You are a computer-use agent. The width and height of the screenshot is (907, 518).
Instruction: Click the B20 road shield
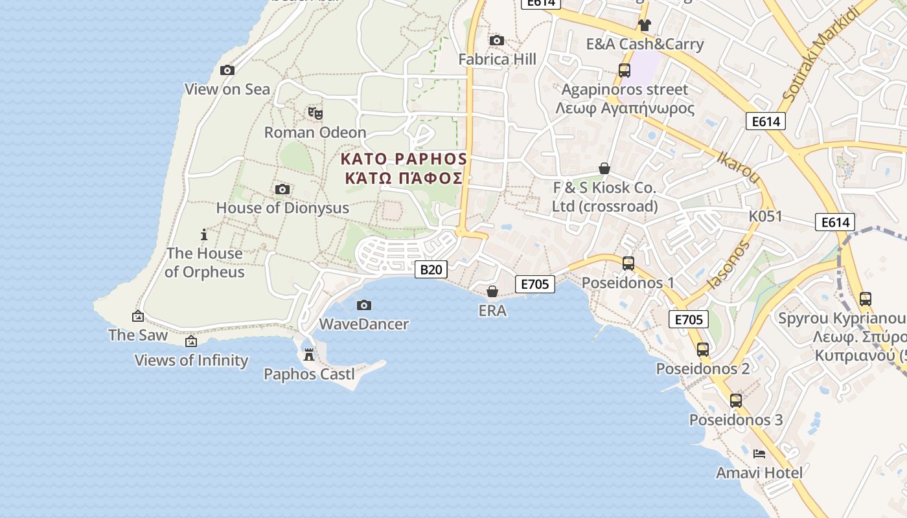(x=430, y=269)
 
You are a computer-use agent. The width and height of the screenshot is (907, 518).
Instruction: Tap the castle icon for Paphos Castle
(x=309, y=355)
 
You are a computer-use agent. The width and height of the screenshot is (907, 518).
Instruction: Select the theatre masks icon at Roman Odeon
(x=316, y=113)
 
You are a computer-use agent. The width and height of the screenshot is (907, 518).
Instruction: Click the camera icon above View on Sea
(x=227, y=70)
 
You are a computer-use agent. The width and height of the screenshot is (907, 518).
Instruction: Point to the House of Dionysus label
(x=282, y=208)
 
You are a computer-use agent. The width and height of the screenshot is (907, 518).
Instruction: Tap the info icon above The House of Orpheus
(x=204, y=234)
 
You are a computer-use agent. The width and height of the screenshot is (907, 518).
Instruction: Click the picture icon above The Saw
(x=138, y=316)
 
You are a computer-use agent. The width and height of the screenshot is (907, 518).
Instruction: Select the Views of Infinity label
(x=191, y=360)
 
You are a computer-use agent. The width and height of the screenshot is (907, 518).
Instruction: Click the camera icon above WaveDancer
(x=364, y=305)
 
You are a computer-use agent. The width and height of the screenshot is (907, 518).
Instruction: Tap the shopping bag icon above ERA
(x=492, y=291)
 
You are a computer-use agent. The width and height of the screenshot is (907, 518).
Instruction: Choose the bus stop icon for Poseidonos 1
(x=628, y=264)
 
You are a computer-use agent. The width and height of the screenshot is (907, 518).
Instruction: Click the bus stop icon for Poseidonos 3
(x=735, y=400)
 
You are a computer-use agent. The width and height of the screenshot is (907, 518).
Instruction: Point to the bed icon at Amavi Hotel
(x=759, y=453)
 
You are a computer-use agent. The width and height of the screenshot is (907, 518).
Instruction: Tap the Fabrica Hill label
(x=497, y=60)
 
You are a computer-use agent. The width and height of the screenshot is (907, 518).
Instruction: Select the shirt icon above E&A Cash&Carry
(x=644, y=25)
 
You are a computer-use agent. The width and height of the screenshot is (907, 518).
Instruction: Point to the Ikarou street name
(x=738, y=168)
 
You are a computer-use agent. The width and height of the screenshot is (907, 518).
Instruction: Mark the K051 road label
(x=765, y=216)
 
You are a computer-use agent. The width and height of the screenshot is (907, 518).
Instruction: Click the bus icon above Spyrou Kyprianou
(x=865, y=299)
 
